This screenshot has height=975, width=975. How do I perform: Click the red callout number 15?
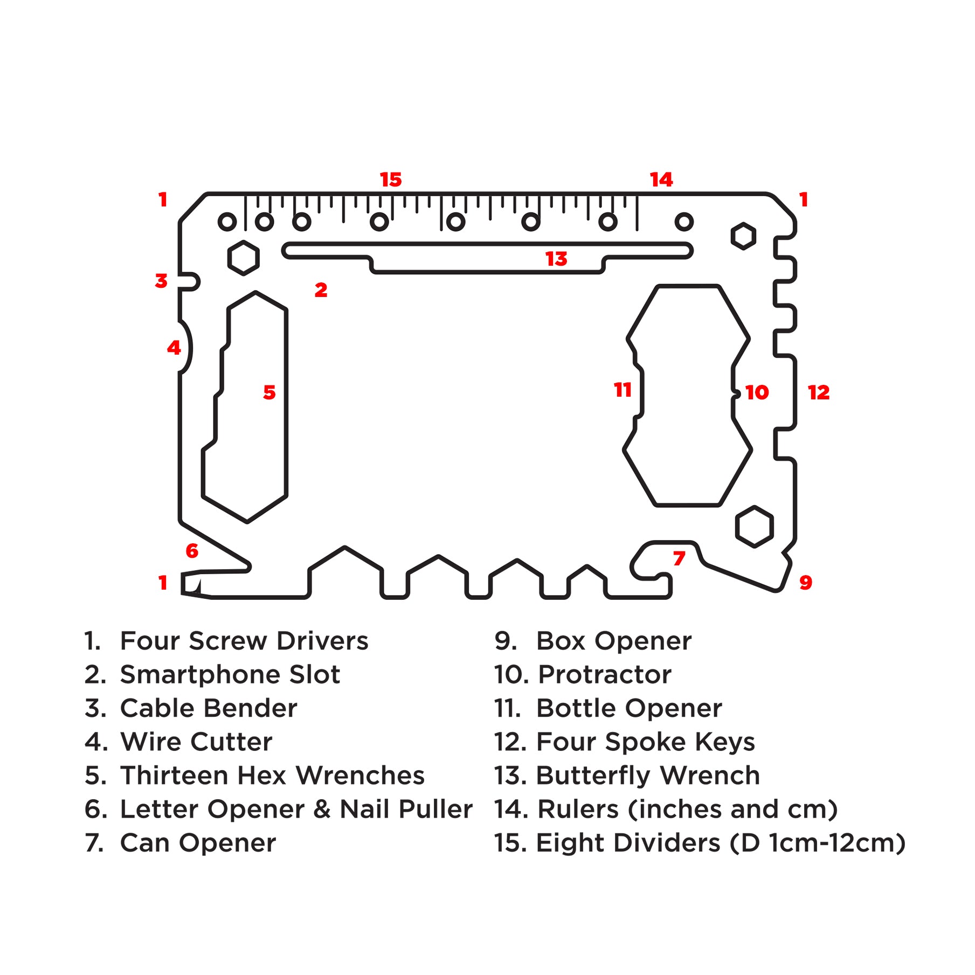click(x=391, y=179)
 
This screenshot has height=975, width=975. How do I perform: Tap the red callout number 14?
click(x=661, y=179)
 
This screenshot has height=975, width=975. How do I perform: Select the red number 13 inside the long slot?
click(x=556, y=259)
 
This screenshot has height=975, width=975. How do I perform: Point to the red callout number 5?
click(x=269, y=392)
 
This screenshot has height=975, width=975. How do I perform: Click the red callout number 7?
click(x=679, y=558)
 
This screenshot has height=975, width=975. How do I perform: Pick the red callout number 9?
click(x=805, y=583)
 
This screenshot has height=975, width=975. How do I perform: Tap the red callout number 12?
click(x=818, y=392)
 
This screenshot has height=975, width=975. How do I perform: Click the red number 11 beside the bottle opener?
click(x=623, y=390)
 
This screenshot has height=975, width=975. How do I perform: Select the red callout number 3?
click(x=161, y=281)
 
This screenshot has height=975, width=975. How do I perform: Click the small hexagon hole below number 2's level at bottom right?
click(x=754, y=527)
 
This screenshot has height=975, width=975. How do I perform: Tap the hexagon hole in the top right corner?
click(x=743, y=236)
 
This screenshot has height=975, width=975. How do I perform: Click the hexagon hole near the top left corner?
click(x=243, y=258)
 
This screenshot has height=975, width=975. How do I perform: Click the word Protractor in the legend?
click(x=605, y=675)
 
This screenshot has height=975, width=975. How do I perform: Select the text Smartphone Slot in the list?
click(x=230, y=675)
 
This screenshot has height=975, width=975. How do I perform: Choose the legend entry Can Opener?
click(x=198, y=843)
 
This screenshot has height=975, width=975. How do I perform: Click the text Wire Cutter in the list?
click(x=196, y=742)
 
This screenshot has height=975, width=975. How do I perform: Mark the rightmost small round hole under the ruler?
click(x=684, y=222)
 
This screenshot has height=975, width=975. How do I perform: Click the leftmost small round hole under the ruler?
click(x=227, y=222)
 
